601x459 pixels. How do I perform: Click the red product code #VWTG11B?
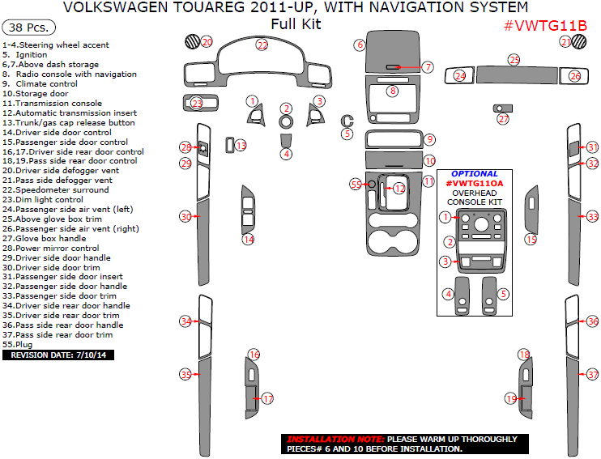click(x=546, y=25)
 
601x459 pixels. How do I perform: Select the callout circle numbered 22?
click(x=262, y=45)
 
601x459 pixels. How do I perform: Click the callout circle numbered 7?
click(x=428, y=67)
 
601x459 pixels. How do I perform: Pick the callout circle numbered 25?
click(x=514, y=60)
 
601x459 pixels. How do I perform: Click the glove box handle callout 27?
click(x=503, y=119)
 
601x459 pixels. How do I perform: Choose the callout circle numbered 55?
click(x=356, y=185)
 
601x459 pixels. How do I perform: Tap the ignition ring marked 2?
click(x=286, y=121)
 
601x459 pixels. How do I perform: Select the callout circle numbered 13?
click(x=241, y=145)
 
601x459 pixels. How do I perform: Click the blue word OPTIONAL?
click(x=475, y=174)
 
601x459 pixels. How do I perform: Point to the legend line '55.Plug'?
click(x=18, y=344)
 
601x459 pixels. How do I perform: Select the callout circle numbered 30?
click(x=185, y=217)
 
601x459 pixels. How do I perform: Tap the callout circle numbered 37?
click(x=592, y=374)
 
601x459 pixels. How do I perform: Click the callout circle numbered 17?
click(x=267, y=398)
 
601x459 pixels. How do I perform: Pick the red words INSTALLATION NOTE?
click(x=335, y=439)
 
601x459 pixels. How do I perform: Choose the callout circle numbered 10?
click(x=429, y=161)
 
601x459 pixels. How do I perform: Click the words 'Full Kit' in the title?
click(x=296, y=24)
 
